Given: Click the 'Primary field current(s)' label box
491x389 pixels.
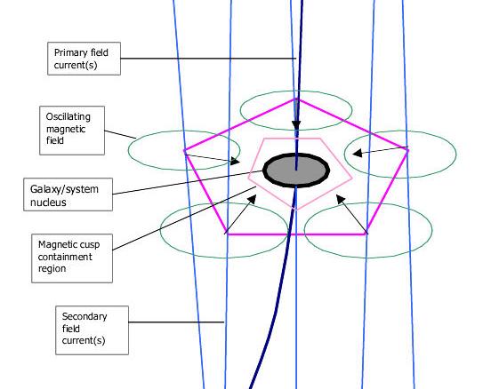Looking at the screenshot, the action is click(84, 59).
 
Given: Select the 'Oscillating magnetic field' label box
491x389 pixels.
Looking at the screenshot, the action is click(72, 131).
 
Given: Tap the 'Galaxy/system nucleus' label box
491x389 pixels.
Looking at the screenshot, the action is click(68, 194).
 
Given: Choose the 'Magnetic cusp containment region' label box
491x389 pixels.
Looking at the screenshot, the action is click(72, 258).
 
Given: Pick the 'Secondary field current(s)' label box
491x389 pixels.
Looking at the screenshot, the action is click(93, 330).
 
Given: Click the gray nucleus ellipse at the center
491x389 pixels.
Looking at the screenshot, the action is click(296, 171).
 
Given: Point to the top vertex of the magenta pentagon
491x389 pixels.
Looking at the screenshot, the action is click(296, 99).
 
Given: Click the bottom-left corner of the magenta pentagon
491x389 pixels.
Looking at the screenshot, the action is click(226, 234).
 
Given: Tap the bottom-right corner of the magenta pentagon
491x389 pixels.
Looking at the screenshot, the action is click(366, 234).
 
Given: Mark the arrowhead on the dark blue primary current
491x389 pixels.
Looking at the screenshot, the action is click(296, 125).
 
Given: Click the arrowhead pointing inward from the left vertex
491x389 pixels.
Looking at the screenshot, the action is click(236, 161).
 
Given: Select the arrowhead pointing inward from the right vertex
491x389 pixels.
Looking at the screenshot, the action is click(358, 153).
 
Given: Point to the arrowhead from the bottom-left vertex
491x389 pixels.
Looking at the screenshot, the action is click(253, 199).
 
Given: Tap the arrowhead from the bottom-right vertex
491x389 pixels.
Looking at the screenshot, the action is click(341, 199).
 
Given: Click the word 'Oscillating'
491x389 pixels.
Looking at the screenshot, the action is click(68, 117).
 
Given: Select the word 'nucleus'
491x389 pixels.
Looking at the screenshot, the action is click(48, 202).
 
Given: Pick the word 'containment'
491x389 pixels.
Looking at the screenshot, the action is click(65, 257).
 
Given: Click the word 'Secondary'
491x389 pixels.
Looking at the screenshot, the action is click(85, 316).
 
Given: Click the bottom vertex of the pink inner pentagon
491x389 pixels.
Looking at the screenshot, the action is click(296, 210).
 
